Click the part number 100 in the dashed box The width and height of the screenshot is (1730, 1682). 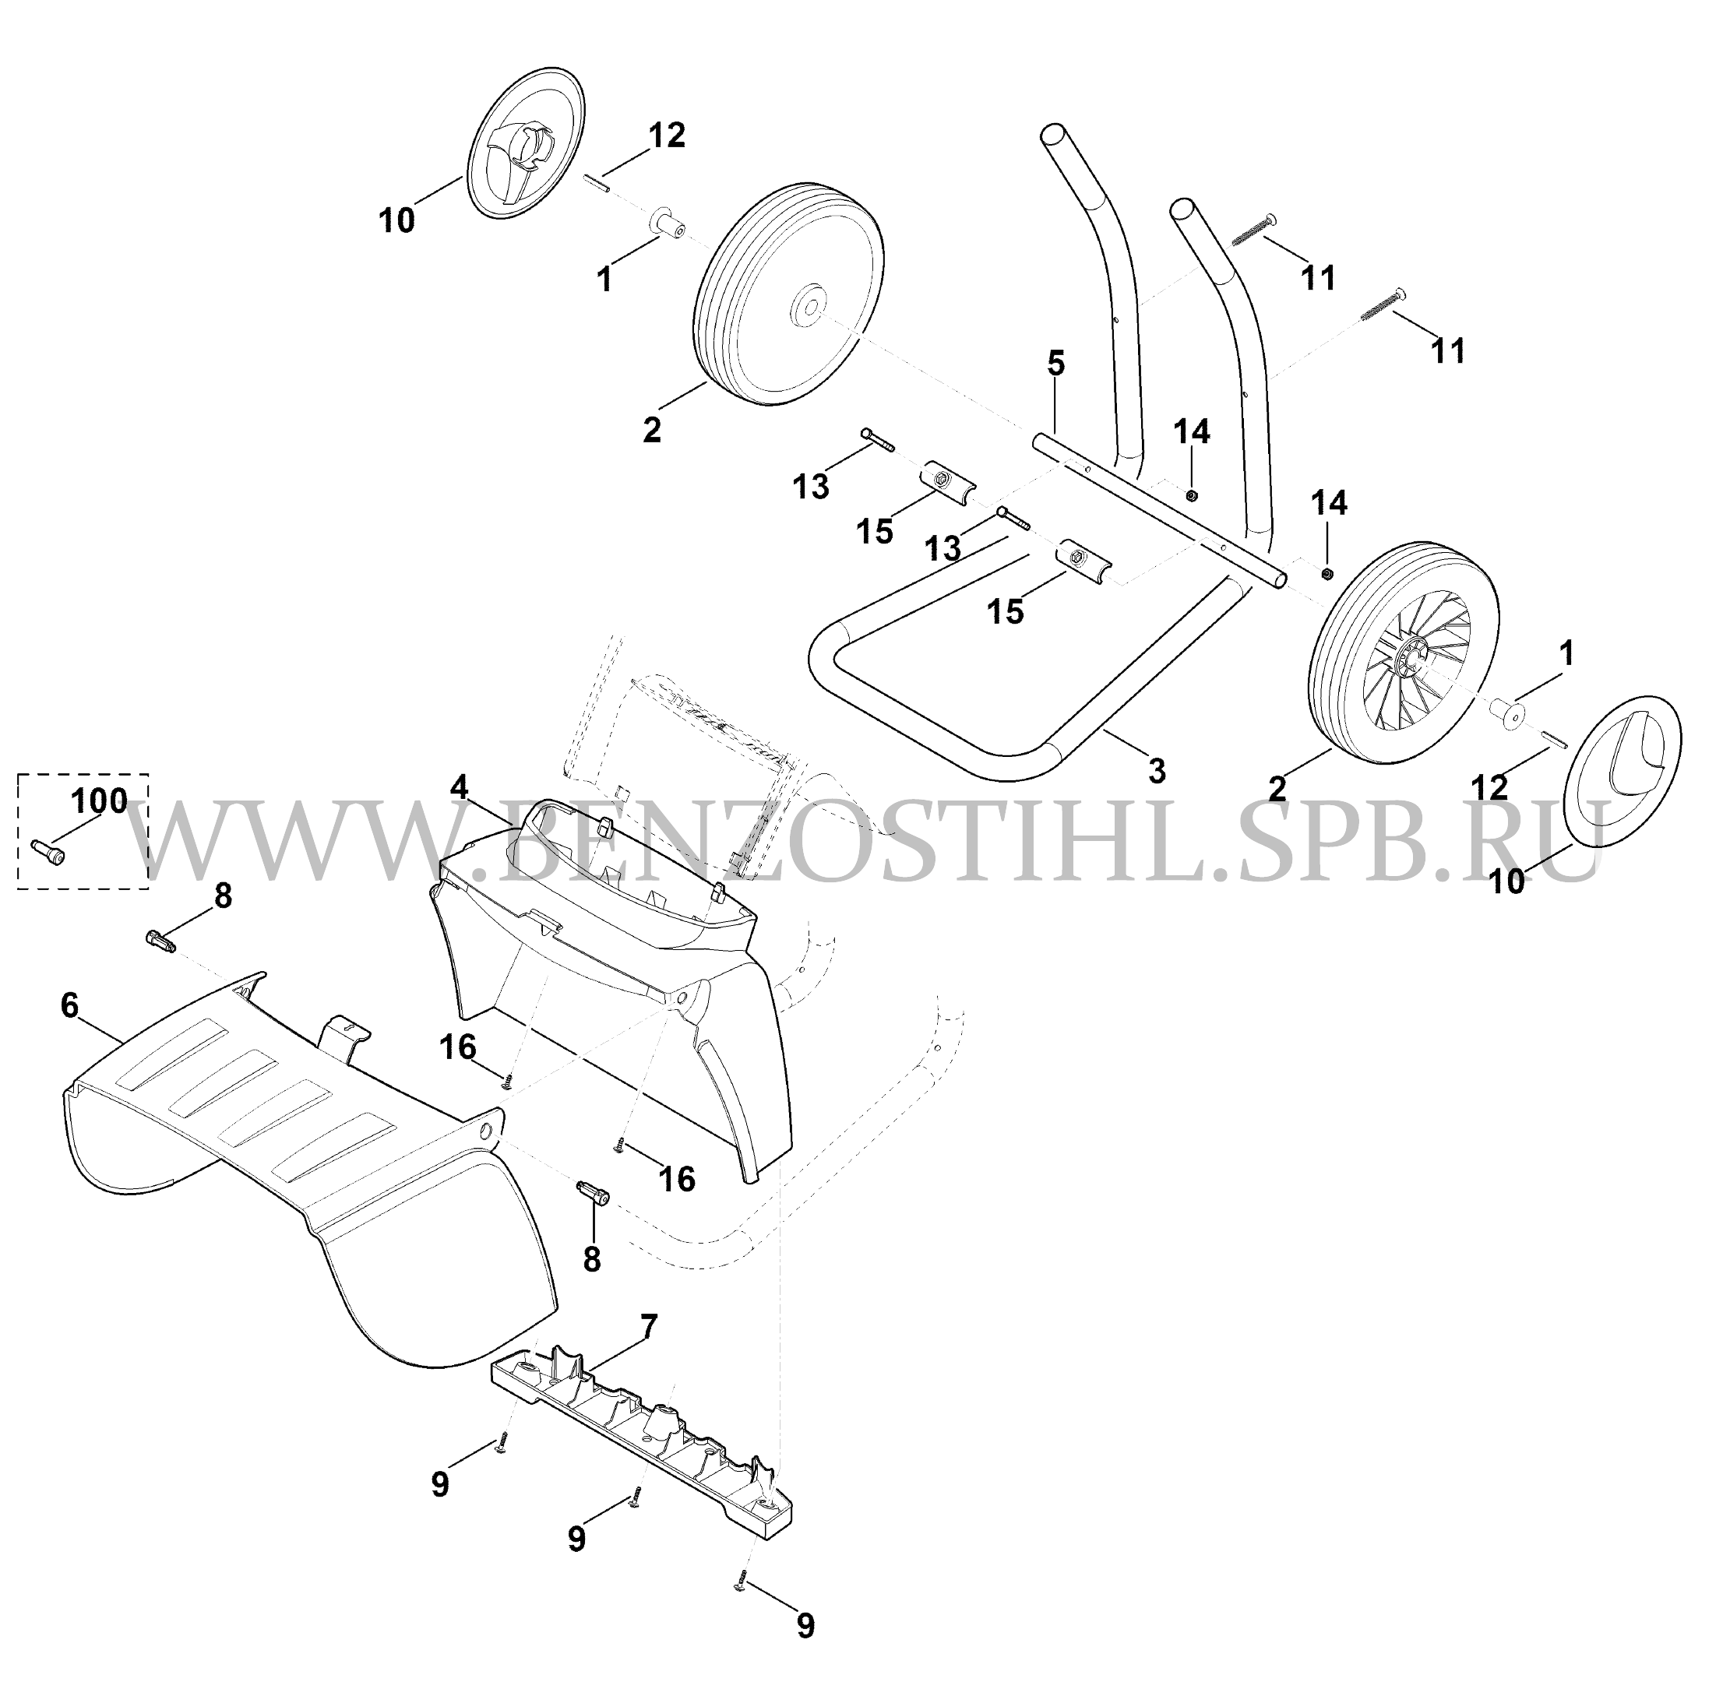(99, 801)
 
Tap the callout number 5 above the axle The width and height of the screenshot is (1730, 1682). (1056, 364)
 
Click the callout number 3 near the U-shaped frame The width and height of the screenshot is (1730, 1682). (1157, 770)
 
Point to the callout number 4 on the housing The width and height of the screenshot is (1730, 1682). (459, 787)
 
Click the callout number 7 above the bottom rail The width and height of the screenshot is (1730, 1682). (649, 1327)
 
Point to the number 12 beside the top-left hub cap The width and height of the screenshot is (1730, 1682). (667, 136)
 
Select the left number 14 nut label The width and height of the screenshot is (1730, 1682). (1191, 432)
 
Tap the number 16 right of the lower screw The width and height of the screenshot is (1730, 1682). (677, 1179)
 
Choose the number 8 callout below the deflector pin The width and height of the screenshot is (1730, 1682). (591, 1260)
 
